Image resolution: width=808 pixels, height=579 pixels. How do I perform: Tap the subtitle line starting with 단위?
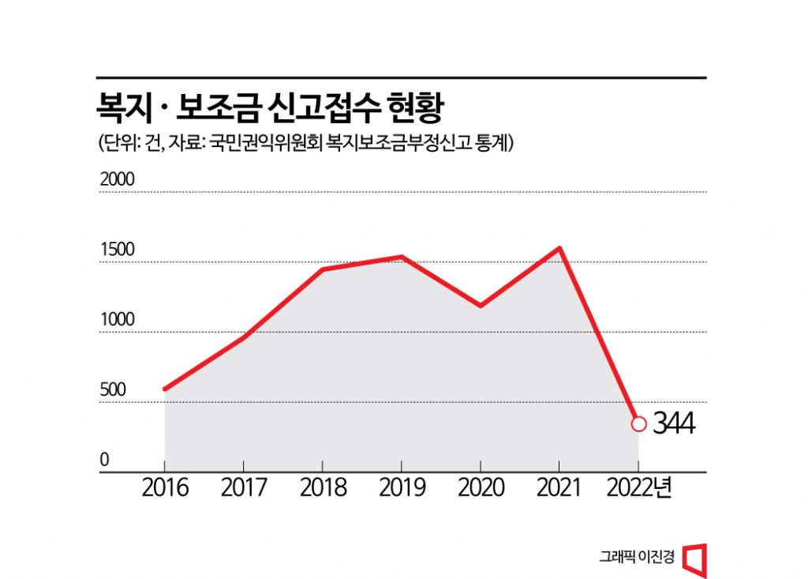305,144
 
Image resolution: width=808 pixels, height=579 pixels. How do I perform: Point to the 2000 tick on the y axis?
118,179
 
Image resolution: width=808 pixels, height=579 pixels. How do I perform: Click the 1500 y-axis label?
118,250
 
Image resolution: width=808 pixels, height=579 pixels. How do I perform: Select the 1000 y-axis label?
118,320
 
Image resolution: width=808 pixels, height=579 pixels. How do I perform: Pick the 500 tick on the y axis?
113,390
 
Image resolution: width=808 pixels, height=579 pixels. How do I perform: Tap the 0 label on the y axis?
104,461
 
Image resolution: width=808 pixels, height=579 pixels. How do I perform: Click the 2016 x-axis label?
165,488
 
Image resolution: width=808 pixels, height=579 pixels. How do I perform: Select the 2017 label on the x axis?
244,488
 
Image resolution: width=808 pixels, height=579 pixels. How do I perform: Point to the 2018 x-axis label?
323,488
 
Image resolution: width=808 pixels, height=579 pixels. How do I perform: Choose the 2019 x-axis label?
402,488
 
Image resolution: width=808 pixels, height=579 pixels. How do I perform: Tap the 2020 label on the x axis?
481,488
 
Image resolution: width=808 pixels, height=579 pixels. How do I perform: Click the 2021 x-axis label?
559,488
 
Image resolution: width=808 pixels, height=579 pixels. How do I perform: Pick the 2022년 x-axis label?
640,488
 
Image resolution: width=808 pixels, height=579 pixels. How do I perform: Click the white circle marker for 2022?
639,424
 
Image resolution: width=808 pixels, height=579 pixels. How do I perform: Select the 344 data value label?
673,424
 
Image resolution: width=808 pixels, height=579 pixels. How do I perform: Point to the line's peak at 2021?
559,248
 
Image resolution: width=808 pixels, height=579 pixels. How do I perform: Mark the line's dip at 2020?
481,305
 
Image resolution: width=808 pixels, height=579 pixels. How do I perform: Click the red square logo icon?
695,558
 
